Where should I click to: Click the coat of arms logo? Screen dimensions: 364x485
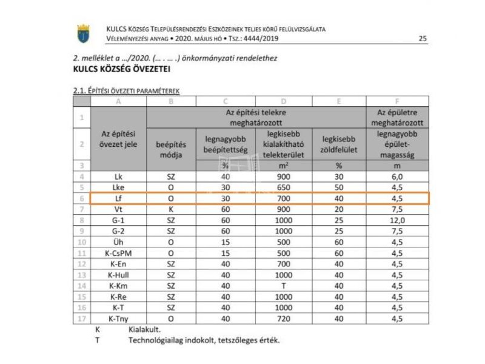(83, 33)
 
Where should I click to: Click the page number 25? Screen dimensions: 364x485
(423, 39)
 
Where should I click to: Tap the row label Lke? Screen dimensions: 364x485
(118, 187)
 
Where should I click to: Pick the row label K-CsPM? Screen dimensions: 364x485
(118, 253)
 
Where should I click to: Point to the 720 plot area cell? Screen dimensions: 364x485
(283, 318)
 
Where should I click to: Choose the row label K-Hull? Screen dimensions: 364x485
(118, 275)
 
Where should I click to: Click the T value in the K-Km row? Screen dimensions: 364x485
(283, 286)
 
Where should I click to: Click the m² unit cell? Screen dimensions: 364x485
(283, 166)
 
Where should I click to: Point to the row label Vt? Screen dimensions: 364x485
(118, 209)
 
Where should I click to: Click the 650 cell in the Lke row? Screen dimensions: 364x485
(283, 187)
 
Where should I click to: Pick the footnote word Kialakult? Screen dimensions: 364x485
(144, 330)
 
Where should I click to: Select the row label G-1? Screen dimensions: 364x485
(118, 220)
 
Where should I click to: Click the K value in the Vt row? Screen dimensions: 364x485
(171, 209)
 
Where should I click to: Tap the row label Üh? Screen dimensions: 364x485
(118, 242)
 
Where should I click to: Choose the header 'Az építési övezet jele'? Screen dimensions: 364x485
(118, 138)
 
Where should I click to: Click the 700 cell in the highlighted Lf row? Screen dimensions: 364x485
(283, 198)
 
